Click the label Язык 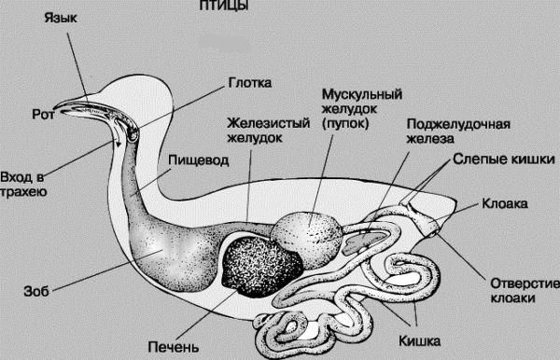point(61,18)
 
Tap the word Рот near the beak point(43,114)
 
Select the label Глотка point(250,83)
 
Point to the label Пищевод point(199,160)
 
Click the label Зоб point(36,292)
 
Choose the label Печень point(174,347)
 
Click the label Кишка point(419,341)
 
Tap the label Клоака point(505,203)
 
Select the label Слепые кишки point(504,159)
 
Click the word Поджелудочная point(458,125)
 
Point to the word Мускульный point(362,95)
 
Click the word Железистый point(269,123)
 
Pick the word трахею point(23,192)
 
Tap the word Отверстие point(525,284)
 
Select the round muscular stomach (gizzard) point(306,234)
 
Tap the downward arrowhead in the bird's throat point(118,144)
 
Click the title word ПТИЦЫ point(224,5)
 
